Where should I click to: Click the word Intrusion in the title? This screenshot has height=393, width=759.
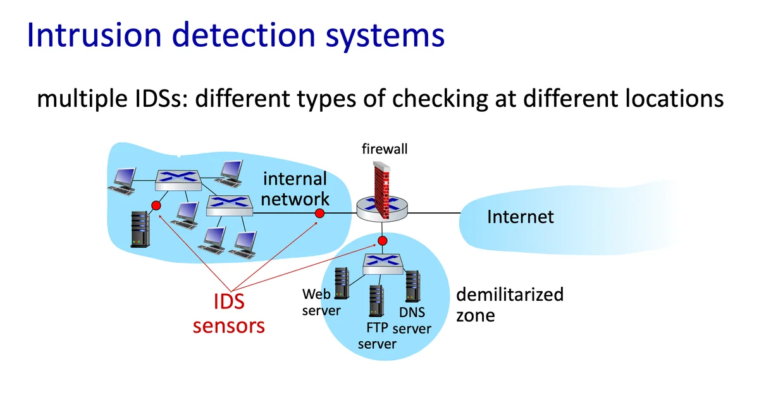click(94, 35)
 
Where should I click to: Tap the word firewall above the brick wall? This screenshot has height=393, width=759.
click(385, 149)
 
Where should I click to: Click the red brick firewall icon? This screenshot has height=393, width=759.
click(382, 190)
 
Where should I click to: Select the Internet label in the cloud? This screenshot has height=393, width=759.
click(521, 217)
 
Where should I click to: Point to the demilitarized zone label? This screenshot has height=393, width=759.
click(510, 305)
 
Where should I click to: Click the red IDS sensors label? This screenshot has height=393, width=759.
click(229, 313)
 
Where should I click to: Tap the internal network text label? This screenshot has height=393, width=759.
click(295, 188)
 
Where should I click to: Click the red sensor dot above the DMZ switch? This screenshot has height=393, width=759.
click(383, 241)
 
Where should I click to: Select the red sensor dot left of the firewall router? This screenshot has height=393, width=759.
click(319, 213)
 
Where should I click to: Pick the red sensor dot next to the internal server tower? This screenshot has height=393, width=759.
click(156, 205)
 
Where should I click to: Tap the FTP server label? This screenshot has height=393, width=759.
click(377, 336)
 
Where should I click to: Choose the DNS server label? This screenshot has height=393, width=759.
click(412, 320)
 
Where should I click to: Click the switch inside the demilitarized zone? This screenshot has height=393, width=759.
click(383, 263)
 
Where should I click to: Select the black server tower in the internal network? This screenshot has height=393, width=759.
click(140, 229)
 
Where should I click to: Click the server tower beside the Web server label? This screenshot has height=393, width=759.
click(342, 283)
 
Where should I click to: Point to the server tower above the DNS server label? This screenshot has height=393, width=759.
click(412, 286)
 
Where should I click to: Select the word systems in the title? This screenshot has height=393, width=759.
click(385, 36)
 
